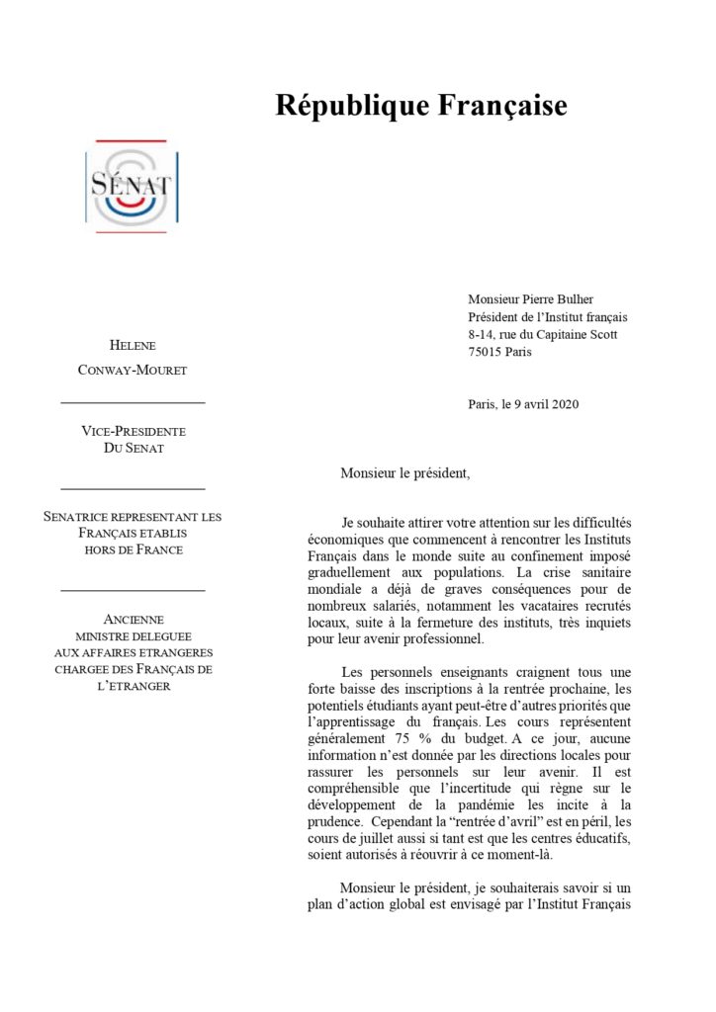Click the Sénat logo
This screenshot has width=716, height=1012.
(x=132, y=186)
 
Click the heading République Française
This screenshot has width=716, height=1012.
(x=421, y=105)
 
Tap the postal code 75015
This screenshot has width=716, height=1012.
(x=486, y=352)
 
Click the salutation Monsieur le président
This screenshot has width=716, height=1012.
(x=405, y=472)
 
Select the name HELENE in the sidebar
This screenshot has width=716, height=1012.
(x=133, y=345)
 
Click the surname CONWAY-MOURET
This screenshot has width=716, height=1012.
(x=133, y=370)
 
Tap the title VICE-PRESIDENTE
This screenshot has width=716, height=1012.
(x=133, y=432)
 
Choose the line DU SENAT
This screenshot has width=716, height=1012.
(x=133, y=449)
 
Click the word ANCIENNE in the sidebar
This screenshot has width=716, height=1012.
(x=134, y=620)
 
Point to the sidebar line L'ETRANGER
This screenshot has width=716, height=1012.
(x=134, y=686)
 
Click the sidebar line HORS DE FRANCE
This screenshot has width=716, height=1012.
(x=134, y=549)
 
